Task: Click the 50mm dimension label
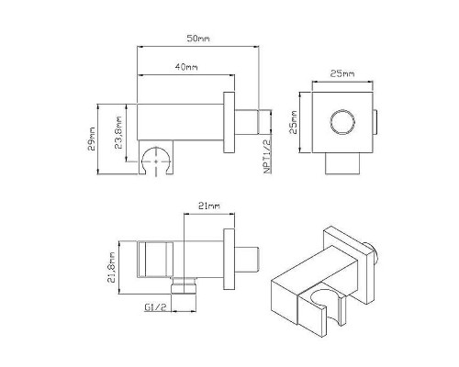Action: [x=198, y=39]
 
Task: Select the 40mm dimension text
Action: [x=186, y=66]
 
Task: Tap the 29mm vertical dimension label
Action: [x=92, y=139]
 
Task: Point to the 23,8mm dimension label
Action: [x=118, y=132]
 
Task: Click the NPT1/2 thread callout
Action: [x=267, y=156]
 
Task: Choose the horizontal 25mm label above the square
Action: [x=342, y=73]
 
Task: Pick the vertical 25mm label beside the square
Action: [x=293, y=122]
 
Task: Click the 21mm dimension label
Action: [x=209, y=206]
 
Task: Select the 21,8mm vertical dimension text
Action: [x=111, y=268]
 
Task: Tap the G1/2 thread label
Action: [x=155, y=307]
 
